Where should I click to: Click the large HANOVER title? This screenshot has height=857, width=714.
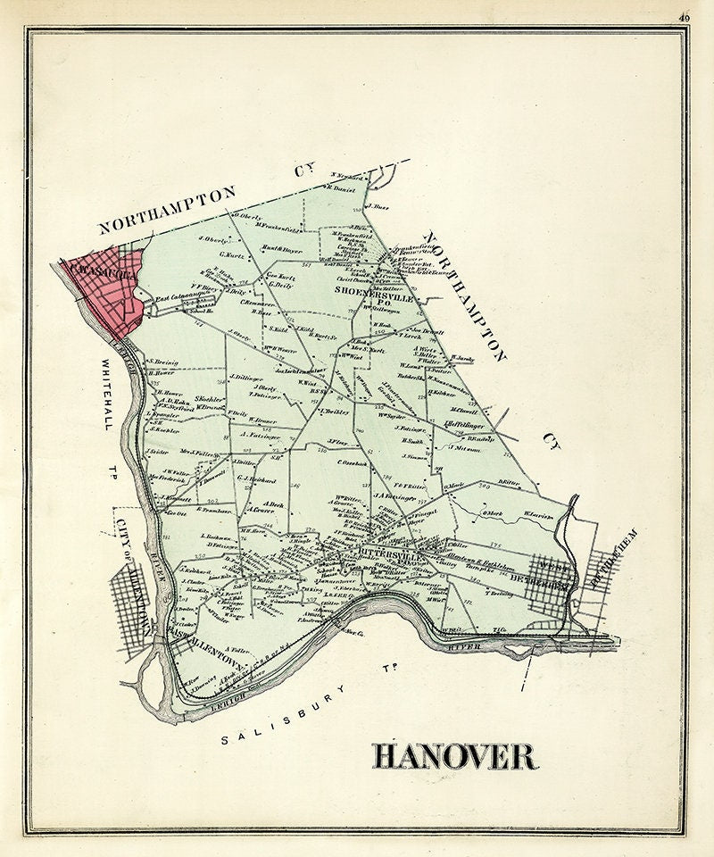pyautogui.click(x=455, y=756)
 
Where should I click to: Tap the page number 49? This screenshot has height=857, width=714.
pyautogui.click(x=684, y=15)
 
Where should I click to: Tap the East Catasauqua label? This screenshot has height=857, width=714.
pyautogui.click(x=174, y=298)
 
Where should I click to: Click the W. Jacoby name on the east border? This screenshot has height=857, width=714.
pyautogui.click(x=463, y=358)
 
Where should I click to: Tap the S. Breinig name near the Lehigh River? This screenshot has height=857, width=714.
pyautogui.click(x=162, y=362)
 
